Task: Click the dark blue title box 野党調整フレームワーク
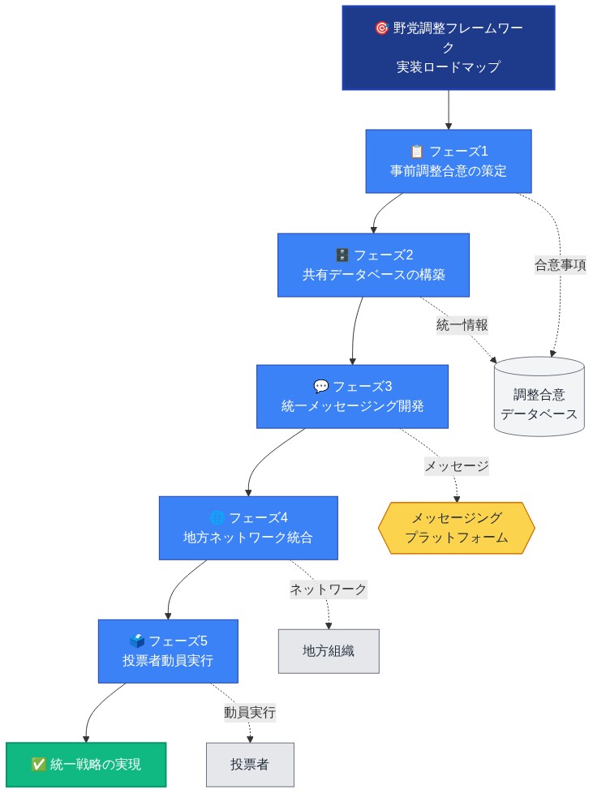pos(448,47)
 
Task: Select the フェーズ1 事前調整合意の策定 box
pos(448,161)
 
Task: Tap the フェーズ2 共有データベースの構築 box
pos(373,265)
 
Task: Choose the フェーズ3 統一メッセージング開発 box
pos(352,396)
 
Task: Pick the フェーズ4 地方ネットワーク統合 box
pos(248,527)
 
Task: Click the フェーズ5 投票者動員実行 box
pos(168,650)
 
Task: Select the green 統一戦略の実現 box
pos(85,764)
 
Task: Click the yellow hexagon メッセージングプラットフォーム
pos(457,527)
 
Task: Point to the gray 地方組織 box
pos(329,650)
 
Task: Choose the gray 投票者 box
pos(249,764)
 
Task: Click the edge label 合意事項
pos(560,265)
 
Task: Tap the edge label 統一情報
pos(462,324)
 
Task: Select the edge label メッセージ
pos(457,466)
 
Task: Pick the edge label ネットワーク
pos(329,589)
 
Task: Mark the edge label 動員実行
pos(249,713)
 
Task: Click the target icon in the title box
pos(381,28)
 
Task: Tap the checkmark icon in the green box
pos(37,764)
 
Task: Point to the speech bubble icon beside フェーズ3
pos(320,386)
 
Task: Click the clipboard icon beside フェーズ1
pos(417,151)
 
